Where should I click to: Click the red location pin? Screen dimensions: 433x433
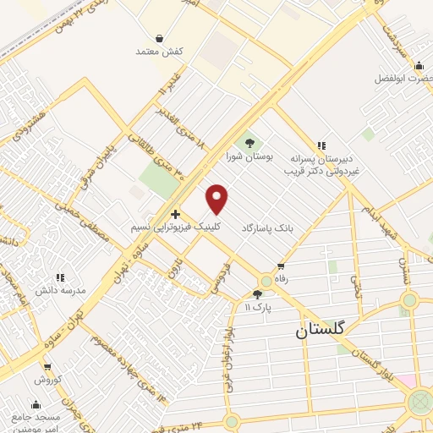pyautogui.click(x=217, y=199)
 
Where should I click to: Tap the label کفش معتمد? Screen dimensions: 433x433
pyautogui.click(x=160, y=52)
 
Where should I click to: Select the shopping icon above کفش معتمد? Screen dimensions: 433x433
pyautogui.click(x=160, y=37)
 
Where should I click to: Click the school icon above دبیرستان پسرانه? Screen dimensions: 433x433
pyautogui.click(x=321, y=145)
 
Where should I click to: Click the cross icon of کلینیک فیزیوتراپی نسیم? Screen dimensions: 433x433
pyautogui.click(x=175, y=214)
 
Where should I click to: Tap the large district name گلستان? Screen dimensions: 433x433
pyautogui.click(x=321, y=332)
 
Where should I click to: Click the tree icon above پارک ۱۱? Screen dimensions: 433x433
pyautogui.click(x=257, y=294)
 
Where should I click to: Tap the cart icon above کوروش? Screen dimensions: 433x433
pyautogui.click(x=46, y=368)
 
